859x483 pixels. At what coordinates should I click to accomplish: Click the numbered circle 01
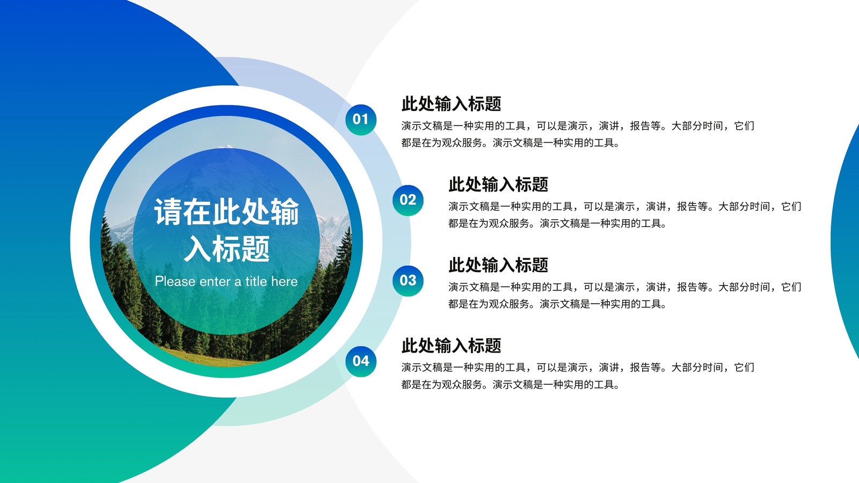(360, 120)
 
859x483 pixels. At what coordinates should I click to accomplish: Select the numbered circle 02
(407, 200)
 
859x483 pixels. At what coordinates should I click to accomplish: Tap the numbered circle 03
(407, 281)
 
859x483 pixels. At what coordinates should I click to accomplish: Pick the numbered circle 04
(360, 361)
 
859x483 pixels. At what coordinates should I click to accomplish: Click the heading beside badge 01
(452, 104)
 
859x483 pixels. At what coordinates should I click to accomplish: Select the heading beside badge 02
(499, 185)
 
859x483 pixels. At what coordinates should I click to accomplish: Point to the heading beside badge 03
(499, 265)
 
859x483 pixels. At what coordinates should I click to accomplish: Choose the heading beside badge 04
(452, 346)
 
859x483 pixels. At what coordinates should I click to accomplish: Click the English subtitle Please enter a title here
(226, 282)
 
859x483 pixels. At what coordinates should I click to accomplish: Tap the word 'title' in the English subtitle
(256, 281)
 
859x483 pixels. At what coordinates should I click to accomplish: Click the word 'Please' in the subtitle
(175, 282)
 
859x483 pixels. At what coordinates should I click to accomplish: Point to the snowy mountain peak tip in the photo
(228, 146)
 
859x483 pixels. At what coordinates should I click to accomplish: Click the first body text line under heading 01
(578, 126)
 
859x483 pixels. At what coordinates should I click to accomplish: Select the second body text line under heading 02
(557, 223)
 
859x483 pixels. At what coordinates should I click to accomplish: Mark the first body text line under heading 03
(625, 287)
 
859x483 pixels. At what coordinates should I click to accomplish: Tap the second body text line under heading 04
(510, 384)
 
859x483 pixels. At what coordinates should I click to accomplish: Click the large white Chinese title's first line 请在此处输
(226, 211)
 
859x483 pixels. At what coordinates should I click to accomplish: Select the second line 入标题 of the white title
(227, 249)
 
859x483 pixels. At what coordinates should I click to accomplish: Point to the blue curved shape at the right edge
(846, 241)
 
